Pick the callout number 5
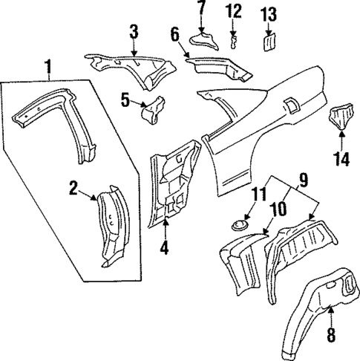pos(125,97)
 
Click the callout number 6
pos(175,33)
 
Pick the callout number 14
pos(341,158)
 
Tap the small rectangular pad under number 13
pos(269,42)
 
